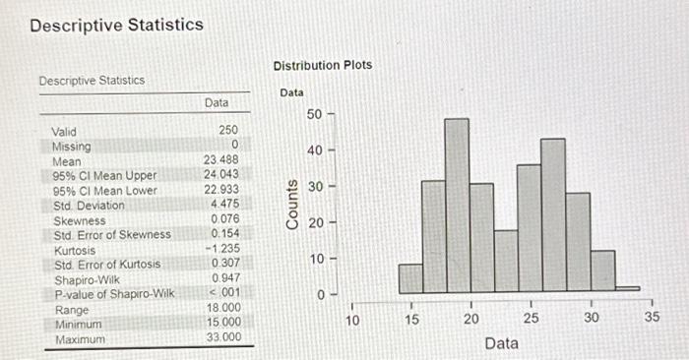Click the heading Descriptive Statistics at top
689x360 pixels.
[116, 25]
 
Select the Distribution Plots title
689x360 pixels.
[322, 65]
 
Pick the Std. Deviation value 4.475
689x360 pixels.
[227, 205]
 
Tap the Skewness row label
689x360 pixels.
[79, 220]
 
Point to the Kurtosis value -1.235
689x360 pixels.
[225, 250]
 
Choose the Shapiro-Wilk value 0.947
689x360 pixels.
[227, 279]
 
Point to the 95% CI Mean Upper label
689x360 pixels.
[104, 175]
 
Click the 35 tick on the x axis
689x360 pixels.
[651, 317]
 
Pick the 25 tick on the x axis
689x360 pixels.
[531, 317]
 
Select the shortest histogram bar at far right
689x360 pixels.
[627, 289]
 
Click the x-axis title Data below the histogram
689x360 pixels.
[501, 342]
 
